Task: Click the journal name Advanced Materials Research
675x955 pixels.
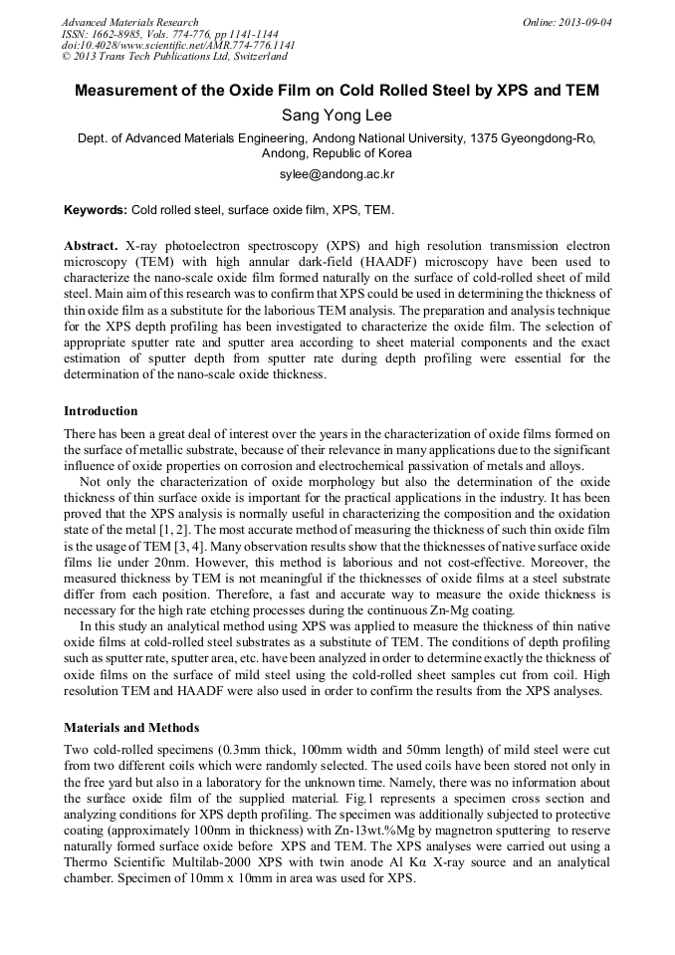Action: coord(129,22)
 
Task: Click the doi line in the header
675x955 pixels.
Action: coord(177,46)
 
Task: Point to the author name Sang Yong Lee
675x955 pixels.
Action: coord(337,117)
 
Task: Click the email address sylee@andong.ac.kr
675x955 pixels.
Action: coord(337,174)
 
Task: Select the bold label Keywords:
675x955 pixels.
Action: coord(95,210)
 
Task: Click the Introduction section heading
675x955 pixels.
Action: coord(101,411)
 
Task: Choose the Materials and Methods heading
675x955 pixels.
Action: coord(131,727)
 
